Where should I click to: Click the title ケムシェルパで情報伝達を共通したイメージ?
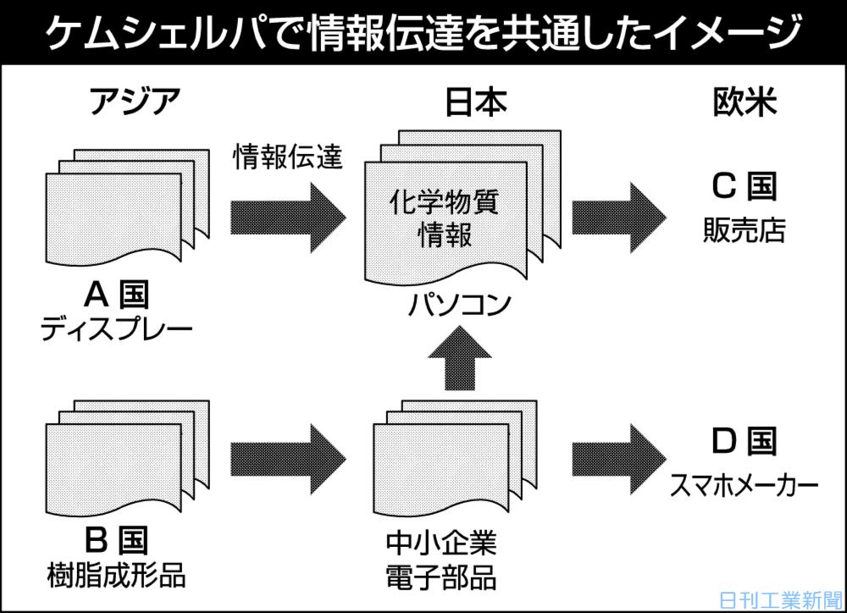coord(423,33)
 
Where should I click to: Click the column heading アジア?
coord(135,102)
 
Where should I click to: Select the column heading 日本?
coord(476,102)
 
